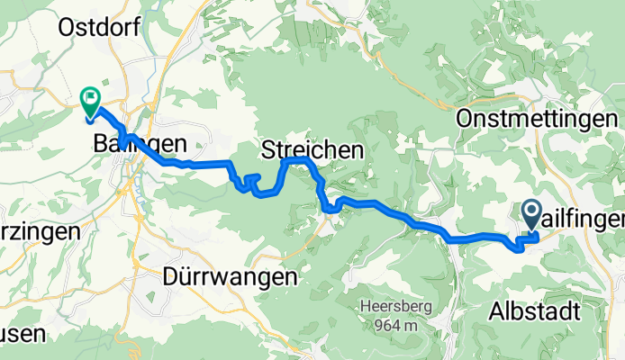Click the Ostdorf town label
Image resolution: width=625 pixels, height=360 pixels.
point(99,28)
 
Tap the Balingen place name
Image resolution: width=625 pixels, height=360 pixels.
point(140,143)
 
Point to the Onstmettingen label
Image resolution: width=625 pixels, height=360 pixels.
point(538,120)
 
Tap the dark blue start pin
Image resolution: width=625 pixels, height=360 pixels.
point(530,213)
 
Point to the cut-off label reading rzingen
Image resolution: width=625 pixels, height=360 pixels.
point(40,231)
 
